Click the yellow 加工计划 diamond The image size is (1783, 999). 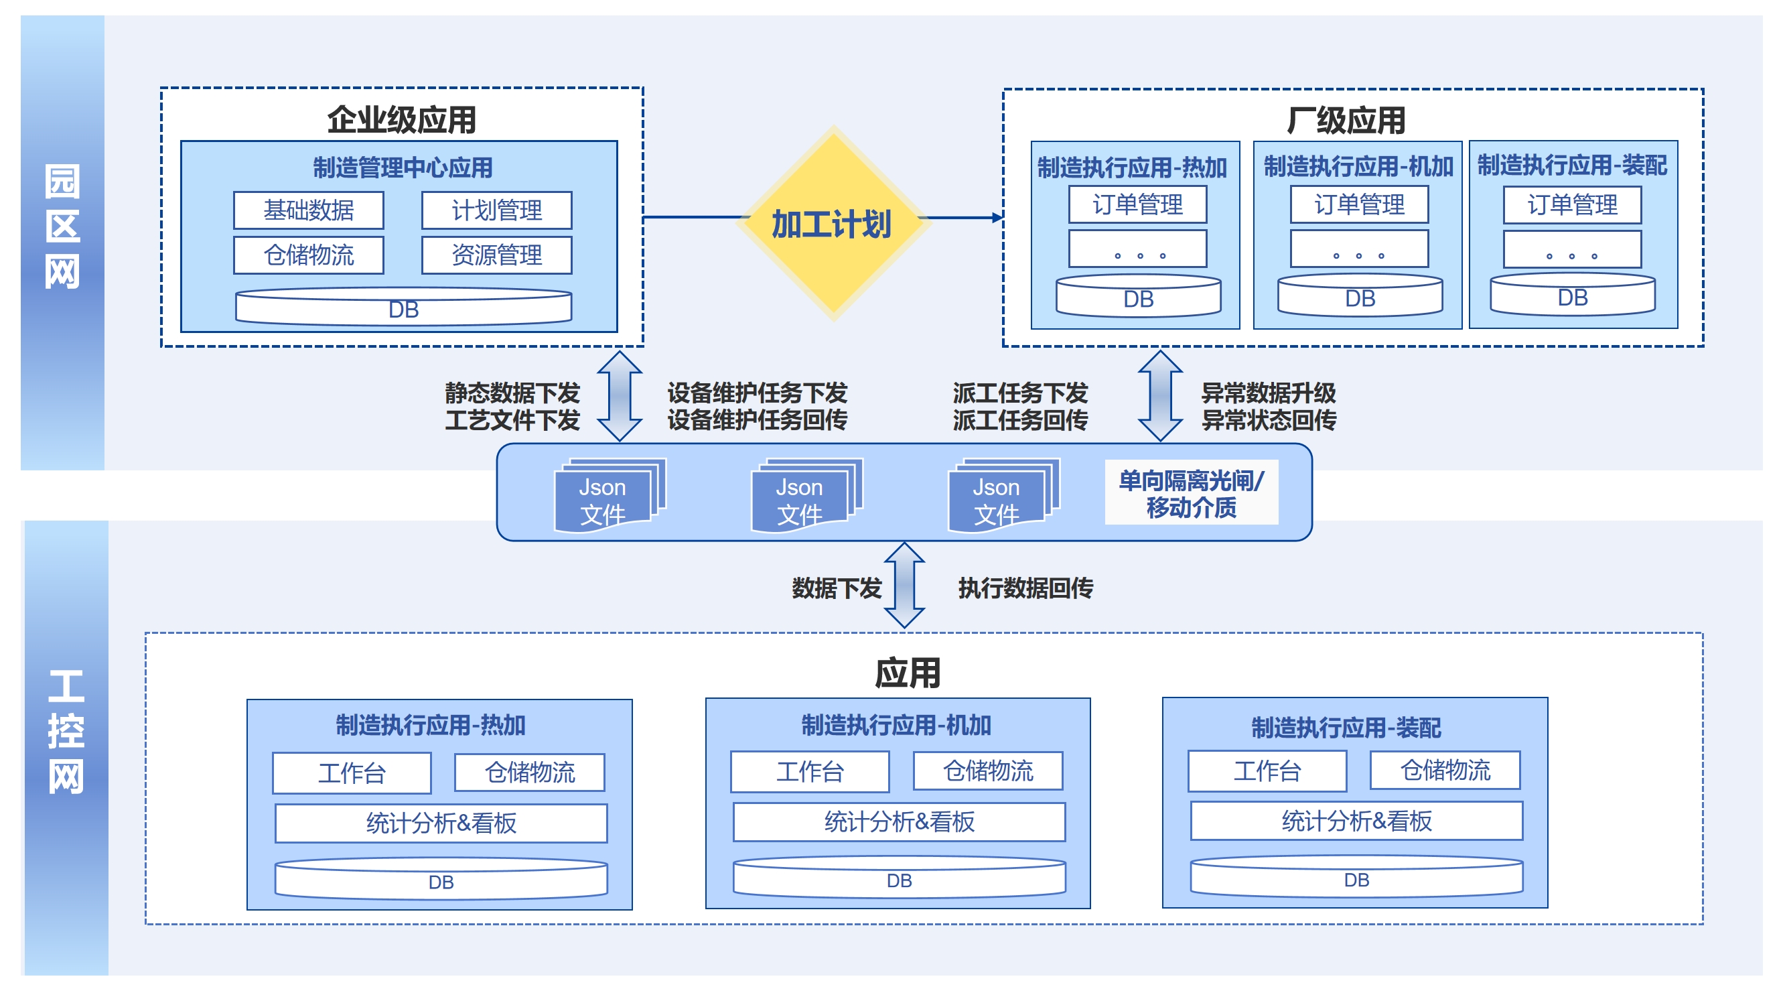click(x=833, y=223)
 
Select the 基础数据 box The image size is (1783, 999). click(x=308, y=210)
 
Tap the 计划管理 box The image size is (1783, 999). click(x=496, y=210)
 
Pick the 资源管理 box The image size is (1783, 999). click(x=496, y=255)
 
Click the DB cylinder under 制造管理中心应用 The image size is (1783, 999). click(x=403, y=308)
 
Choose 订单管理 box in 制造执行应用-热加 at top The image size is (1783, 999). click(x=1137, y=204)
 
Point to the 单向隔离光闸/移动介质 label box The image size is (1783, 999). click(x=1190, y=493)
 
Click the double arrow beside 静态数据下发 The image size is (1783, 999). click(x=620, y=396)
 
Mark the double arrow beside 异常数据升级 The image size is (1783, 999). click(x=1160, y=396)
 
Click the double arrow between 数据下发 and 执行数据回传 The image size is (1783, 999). click(x=904, y=586)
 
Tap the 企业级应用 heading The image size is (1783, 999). click(x=401, y=120)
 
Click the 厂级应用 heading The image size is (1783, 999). click(x=1346, y=121)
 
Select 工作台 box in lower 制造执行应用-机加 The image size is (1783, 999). click(x=809, y=771)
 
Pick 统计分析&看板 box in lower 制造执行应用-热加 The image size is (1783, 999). click(x=441, y=823)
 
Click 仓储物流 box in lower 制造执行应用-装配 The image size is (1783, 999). click(x=1445, y=770)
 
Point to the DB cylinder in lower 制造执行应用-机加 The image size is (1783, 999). click(x=898, y=878)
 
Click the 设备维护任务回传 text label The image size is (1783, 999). click(x=758, y=420)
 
